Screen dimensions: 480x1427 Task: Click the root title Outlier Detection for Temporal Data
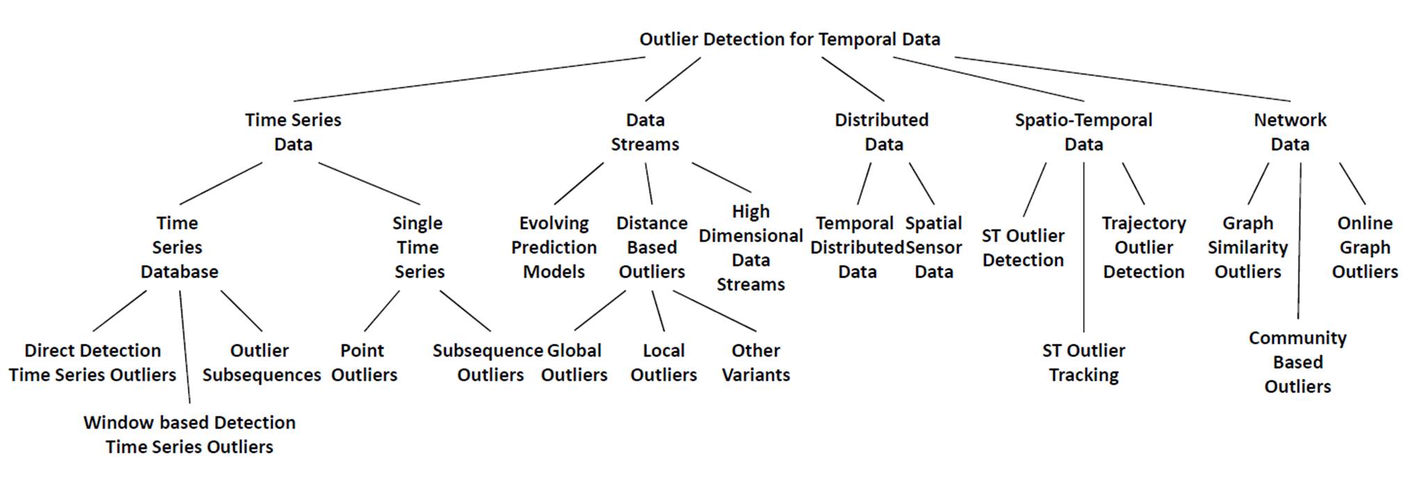790,39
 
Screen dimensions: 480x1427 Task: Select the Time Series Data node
293,131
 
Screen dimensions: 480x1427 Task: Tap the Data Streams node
645,131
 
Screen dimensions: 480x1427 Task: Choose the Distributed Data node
882,131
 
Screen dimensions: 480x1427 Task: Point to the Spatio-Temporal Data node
1083,131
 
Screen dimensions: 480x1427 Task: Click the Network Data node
1290,131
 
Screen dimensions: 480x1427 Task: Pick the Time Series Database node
178,247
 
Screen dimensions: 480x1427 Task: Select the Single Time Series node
417,247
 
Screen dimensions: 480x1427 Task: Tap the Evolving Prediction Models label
554,247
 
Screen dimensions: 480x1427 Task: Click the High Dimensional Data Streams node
751,248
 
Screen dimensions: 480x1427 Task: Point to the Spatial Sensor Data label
934,247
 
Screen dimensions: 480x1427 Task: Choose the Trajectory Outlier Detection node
1144,247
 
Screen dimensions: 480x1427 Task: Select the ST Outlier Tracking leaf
1083,362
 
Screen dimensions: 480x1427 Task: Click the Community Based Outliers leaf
1298,362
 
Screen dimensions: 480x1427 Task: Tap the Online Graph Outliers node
1364,247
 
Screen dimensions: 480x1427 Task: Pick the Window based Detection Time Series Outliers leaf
189,434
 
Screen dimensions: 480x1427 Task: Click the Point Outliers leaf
363,362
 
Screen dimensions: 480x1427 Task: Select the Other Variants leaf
756,362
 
